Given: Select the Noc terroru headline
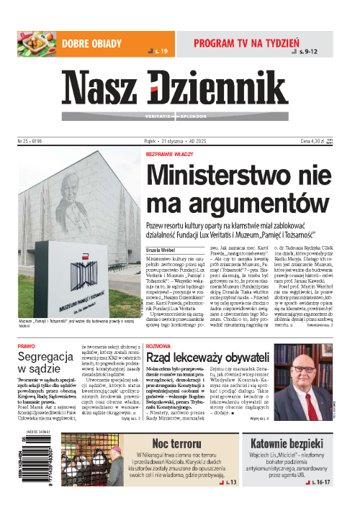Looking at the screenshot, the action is pyautogui.click(x=169, y=444).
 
